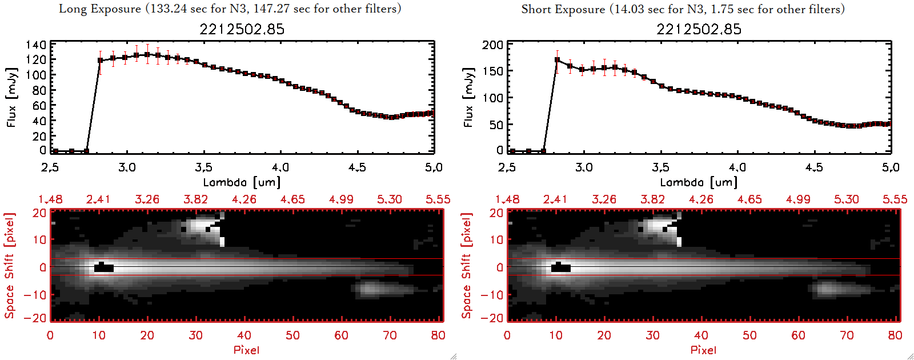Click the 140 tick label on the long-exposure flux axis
(36, 45)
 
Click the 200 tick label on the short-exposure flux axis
(492, 45)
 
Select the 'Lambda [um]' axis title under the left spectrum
(242, 182)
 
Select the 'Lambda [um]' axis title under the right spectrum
(699, 182)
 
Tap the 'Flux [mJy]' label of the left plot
(12, 97)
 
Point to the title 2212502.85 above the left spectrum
(242, 29)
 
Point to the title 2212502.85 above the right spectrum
(699, 29)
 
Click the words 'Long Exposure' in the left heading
(100, 9)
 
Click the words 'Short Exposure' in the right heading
(563, 9)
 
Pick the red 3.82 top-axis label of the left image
(195, 199)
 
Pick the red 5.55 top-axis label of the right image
(895, 199)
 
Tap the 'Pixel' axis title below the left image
(246, 350)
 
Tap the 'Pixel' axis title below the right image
(703, 350)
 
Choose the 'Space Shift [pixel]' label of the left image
(10, 266)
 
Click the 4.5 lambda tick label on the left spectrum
(357, 167)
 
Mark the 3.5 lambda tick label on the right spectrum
(660, 167)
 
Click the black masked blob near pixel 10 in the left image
(104, 267)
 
